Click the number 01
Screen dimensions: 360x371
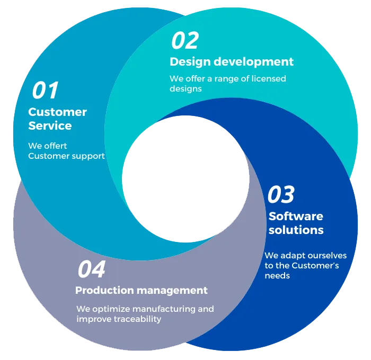tap(45, 91)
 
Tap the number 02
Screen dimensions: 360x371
tap(184, 41)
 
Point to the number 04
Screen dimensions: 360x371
tap(92, 269)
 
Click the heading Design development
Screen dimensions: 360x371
tap(231, 62)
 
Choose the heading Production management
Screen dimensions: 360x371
tap(141, 290)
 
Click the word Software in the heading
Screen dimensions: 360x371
tap(296, 216)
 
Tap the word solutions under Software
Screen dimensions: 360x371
tap(296, 230)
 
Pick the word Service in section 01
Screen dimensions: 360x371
tap(50, 126)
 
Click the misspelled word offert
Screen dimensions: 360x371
tap(55, 146)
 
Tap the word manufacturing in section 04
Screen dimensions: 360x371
tap(159, 309)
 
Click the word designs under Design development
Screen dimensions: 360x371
tap(185, 88)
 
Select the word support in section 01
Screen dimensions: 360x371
tap(89, 156)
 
